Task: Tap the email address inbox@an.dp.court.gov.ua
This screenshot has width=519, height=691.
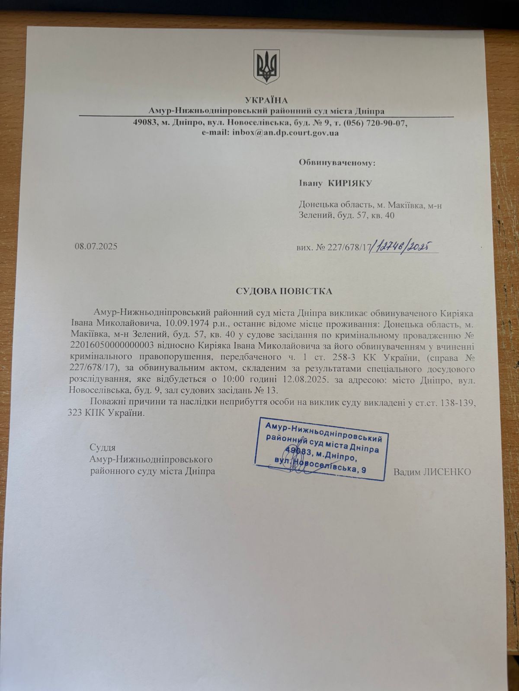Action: pyautogui.click(x=285, y=133)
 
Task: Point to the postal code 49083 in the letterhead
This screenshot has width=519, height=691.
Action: pyautogui.click(x=145, y=123)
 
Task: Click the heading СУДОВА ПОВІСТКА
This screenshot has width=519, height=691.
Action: pyautogui.click(x=284, y=291)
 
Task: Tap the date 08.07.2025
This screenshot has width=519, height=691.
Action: pyautogui.click(x=96, y=247)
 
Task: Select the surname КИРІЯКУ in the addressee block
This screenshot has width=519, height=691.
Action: pyautogui.click(x=350, y=184)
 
